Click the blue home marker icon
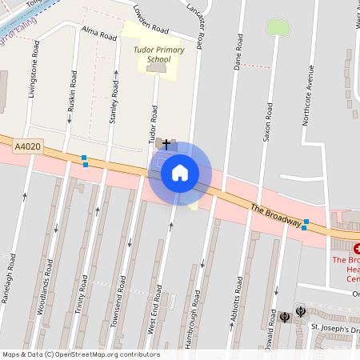click(x=180, y=173)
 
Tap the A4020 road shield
click(x=27, y=147)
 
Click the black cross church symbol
click(x=166, y=144)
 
